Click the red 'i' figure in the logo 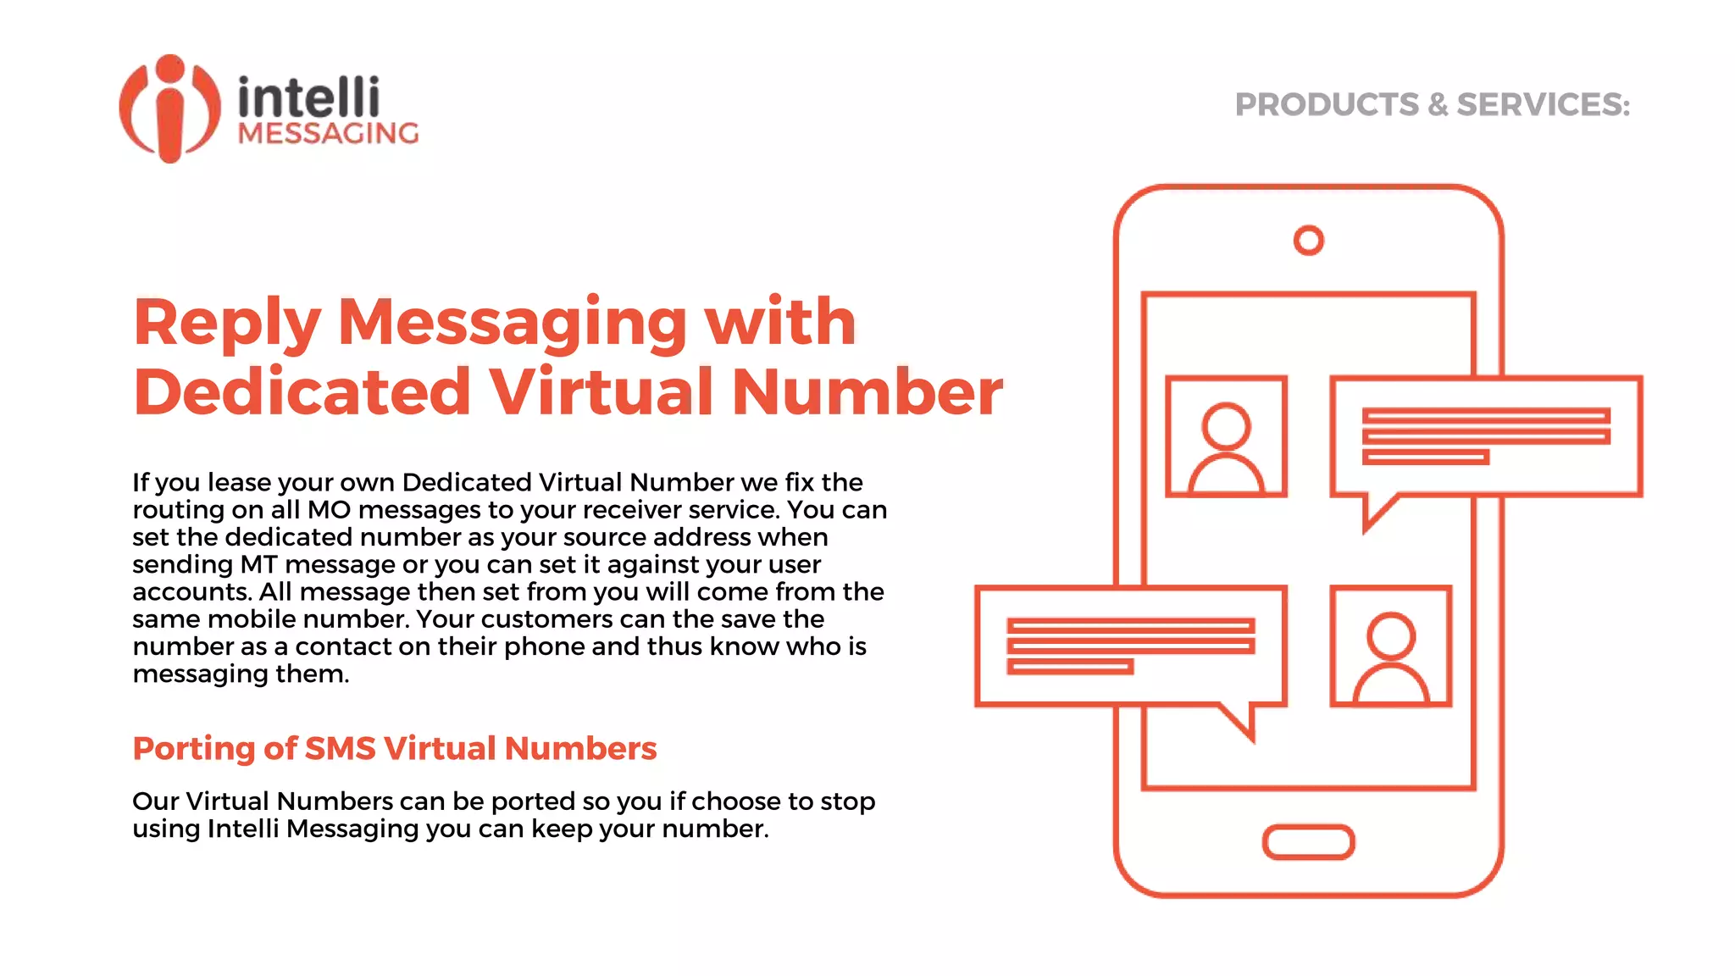(170, 110)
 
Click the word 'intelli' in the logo (308, 97)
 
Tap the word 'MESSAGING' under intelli (328, 134)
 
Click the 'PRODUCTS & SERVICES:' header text (1432, 105)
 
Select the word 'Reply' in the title (226, 323)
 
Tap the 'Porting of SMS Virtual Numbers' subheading (395, 749)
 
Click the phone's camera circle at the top (1308, 241)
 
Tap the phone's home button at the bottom (1308, 842)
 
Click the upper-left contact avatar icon (1226, 437)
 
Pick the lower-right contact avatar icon (1390, 646)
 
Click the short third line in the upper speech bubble (1425, 457)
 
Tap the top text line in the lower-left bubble (1130, 625)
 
